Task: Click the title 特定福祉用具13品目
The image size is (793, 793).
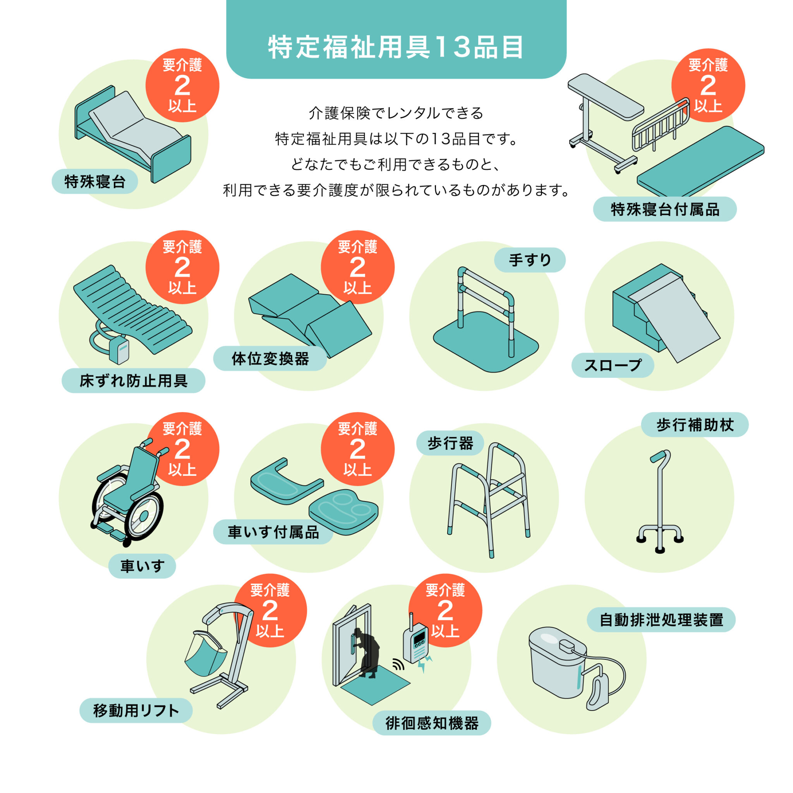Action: tap(396, 47)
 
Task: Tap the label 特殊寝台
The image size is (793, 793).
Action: tap(95, 182)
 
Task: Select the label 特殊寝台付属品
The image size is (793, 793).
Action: tap(664, 209)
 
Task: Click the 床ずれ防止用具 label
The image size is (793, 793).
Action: tap(134, 381)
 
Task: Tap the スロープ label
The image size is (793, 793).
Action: tap(613, 365)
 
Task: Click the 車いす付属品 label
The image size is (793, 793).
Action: tap(273, 532)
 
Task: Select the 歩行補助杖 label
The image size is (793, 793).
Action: tap(695, 424)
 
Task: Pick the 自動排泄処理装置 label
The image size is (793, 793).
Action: tap(661, 620)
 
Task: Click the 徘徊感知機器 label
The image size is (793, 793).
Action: tap(431, 723)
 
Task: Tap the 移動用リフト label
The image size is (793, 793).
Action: tap(136, 711)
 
